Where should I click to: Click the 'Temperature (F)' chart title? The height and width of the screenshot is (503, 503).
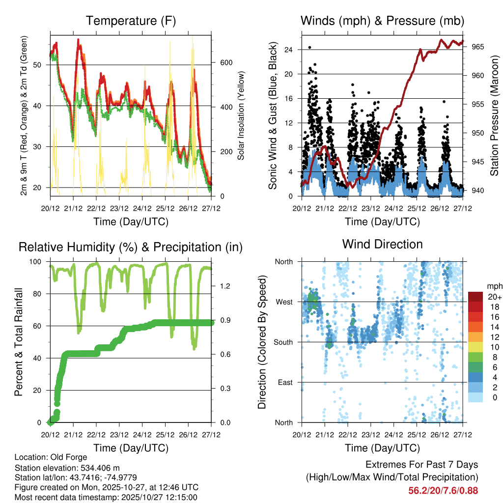[131, 21]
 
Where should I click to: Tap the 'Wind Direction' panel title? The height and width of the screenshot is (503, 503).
[382, 244]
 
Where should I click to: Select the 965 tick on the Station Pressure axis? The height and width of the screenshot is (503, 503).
[478, 47]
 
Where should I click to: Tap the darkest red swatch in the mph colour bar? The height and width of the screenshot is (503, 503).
[475, 297]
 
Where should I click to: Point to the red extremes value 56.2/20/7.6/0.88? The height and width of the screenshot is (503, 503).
[443, 490]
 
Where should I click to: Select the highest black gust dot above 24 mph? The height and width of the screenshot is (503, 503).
[309, 48]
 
